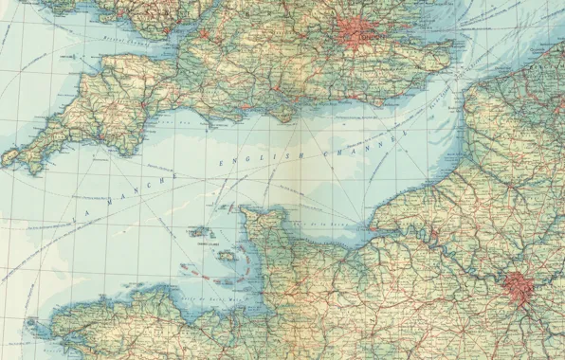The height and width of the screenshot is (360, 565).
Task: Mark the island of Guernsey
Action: point(197,232)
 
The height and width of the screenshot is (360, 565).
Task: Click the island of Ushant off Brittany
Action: point(28,321)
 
